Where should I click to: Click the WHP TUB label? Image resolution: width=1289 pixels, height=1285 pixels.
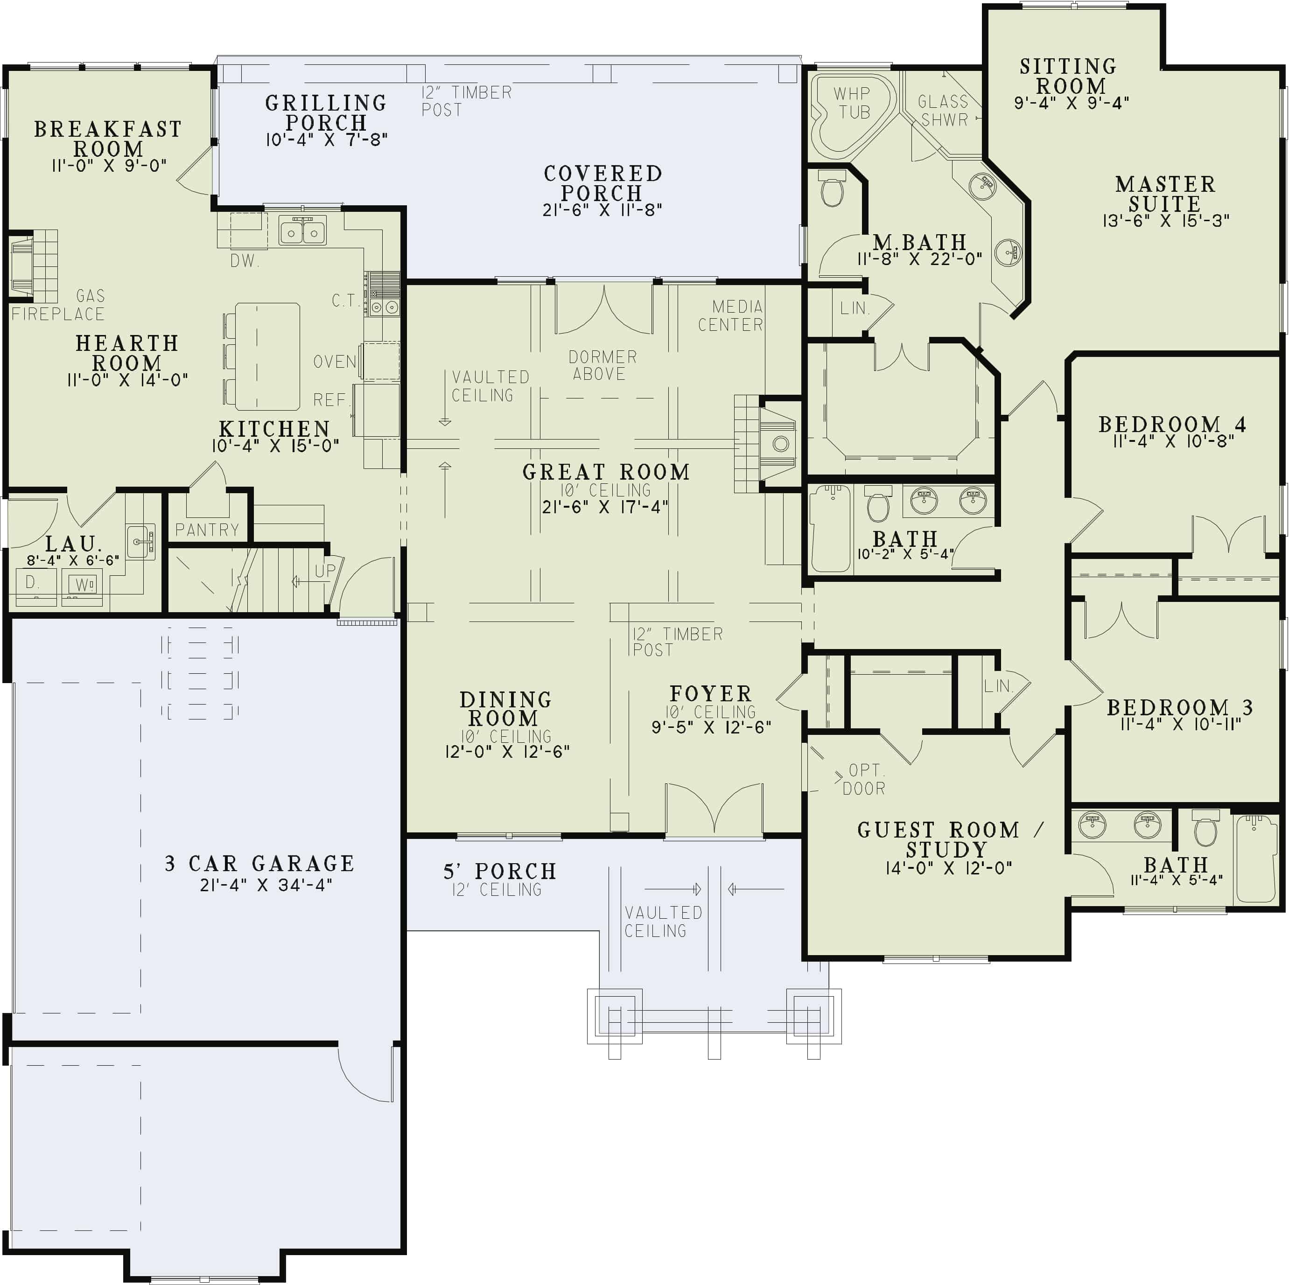click(x=852, y=103)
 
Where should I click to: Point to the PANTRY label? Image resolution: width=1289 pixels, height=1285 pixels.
click(x=207, y=530)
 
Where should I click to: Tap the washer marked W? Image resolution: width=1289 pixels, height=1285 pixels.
click(x=83, y=585)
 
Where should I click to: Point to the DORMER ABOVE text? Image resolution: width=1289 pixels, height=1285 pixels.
click(x=602, y=366)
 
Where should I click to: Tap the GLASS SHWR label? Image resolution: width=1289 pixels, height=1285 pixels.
click(x=943, y=111)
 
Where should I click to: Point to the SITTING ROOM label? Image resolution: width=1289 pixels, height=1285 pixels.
click(x=1069, y=76)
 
